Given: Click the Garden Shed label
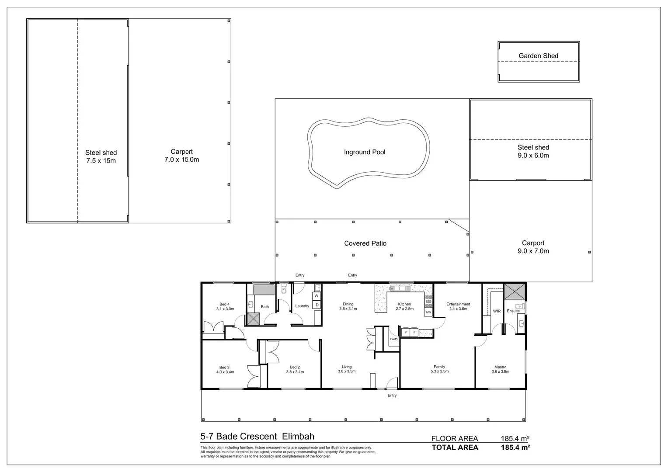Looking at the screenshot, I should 538,56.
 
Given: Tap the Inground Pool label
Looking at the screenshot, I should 365,152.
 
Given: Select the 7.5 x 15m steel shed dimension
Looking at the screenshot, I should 101,161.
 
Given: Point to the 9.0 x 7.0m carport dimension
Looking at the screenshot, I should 533,251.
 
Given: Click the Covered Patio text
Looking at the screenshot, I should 365,243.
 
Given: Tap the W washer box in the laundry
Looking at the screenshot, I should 317,296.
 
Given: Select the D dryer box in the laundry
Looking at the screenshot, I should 317,305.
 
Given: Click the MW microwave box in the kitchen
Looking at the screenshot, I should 428,312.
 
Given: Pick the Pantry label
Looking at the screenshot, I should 394,339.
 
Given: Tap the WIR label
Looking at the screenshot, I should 497,311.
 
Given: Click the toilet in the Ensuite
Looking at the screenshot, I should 519,306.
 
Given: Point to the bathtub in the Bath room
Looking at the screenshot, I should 264,289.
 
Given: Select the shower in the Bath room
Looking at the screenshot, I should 253,319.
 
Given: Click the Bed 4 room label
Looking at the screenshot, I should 224,304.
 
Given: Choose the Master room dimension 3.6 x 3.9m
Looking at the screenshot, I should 500,372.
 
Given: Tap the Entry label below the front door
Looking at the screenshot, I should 392,396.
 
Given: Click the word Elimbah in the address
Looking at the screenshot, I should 298,436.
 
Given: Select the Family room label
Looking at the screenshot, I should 439,367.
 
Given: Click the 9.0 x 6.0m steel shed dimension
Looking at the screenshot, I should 533,156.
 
